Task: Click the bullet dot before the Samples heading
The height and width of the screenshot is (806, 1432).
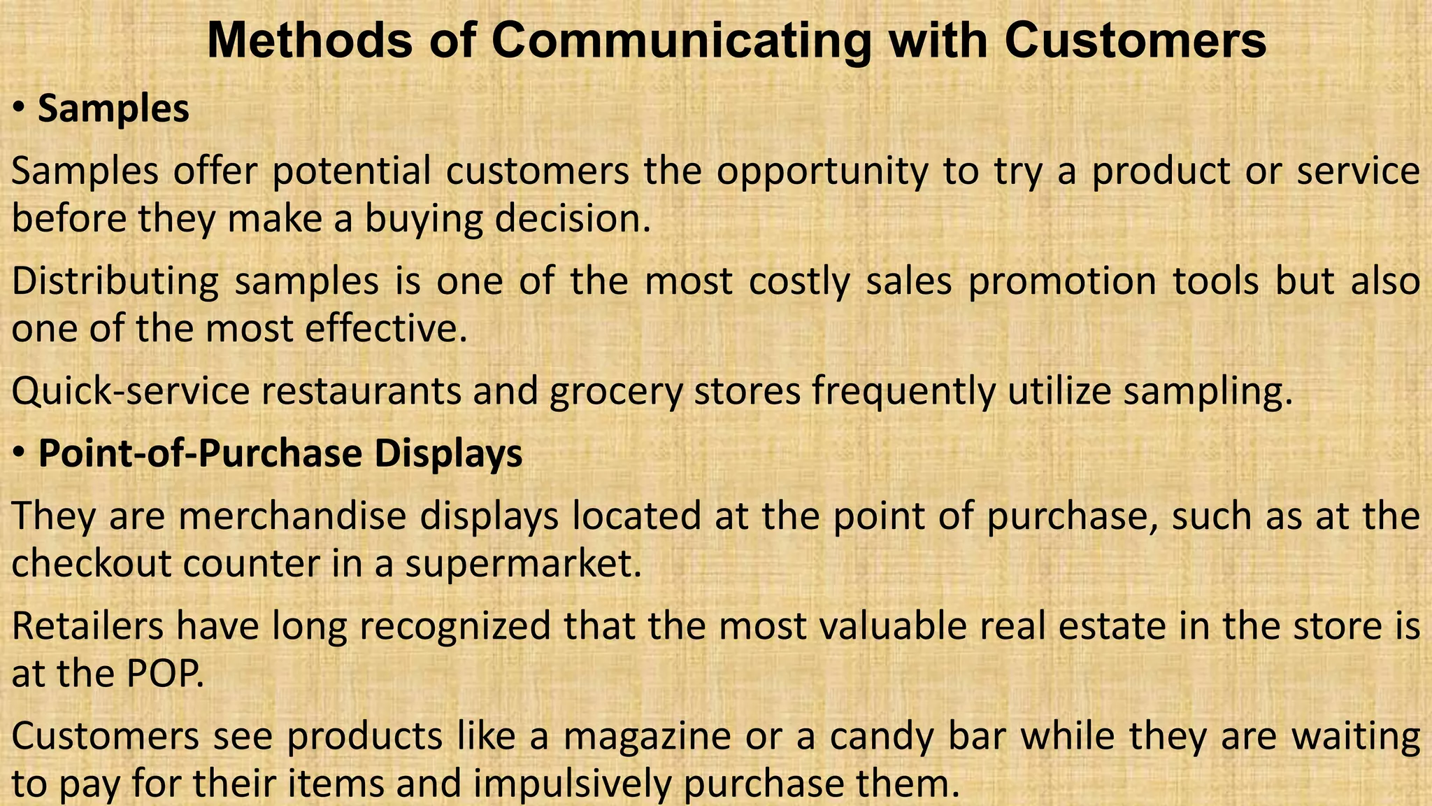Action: click(x=20, y=109)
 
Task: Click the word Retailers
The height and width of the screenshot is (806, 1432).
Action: click(x=87, y=625)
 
